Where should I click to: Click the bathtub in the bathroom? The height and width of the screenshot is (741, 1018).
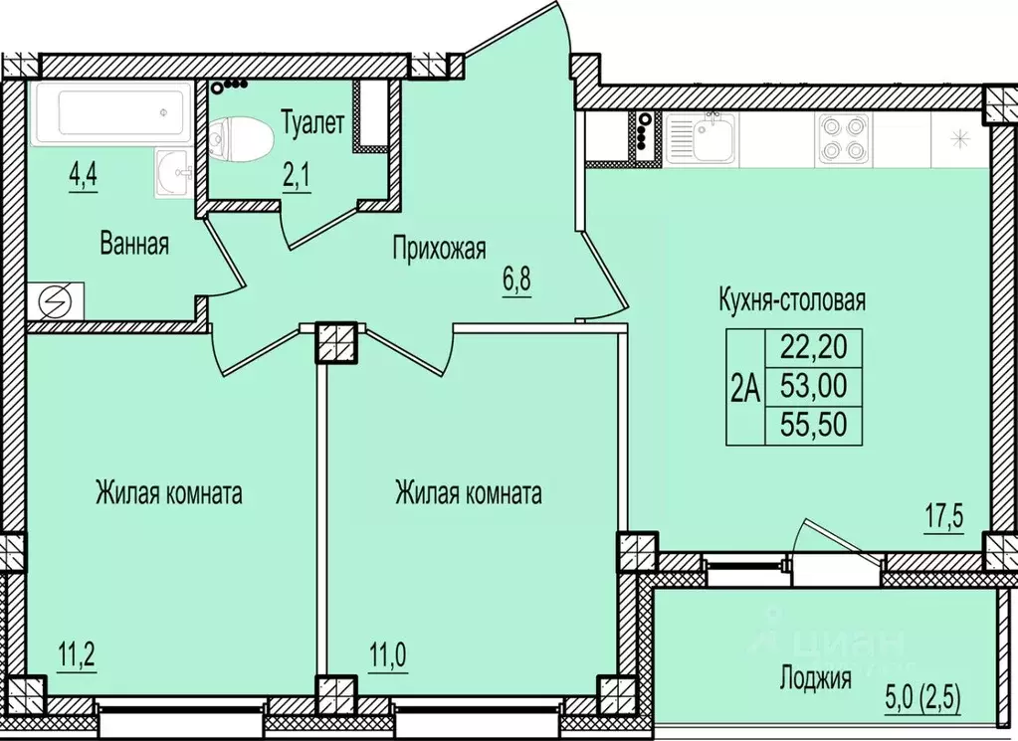click(109, 114)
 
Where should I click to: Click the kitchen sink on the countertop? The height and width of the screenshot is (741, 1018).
click(702, 138)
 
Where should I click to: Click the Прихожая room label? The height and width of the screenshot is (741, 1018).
click(438, 246)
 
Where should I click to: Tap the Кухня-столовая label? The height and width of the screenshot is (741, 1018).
click(792, 299)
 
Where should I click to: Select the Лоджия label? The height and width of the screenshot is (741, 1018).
click(815, 679)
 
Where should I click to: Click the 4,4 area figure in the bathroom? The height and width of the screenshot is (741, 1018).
click(85, 176)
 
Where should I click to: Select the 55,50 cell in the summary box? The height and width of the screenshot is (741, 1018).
click(812, 426)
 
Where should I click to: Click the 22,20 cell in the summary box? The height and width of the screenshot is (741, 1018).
click(812, 348)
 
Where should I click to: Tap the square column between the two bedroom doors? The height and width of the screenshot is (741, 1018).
click(335, 343)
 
